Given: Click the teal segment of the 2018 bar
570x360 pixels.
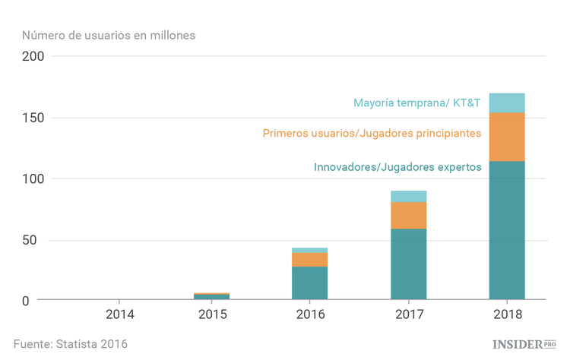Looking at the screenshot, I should pos(507,230).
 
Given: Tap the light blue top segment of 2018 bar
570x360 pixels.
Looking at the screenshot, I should pos(507,103).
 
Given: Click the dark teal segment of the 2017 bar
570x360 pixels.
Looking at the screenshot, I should pos(408,264).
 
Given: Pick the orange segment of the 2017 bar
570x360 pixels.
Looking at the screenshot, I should pos(408,215).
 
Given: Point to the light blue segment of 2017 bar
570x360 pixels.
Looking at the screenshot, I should pos(408,196).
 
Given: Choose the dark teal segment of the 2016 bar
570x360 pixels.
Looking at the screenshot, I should pos(310,283).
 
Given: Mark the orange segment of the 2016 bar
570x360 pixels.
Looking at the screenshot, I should pos(310,259).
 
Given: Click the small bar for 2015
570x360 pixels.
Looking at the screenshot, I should pos(212,296).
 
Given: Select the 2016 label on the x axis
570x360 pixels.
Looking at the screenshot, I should pos(310,314).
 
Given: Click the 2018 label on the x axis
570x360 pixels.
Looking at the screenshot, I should pos(507,314).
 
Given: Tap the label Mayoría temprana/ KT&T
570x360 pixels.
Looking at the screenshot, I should pos(416,103).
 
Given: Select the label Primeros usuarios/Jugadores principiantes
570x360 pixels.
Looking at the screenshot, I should pos(372,134).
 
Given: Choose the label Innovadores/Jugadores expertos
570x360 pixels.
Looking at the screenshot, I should pos(397,166).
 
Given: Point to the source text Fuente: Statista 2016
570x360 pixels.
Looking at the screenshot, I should pos(71,343).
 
